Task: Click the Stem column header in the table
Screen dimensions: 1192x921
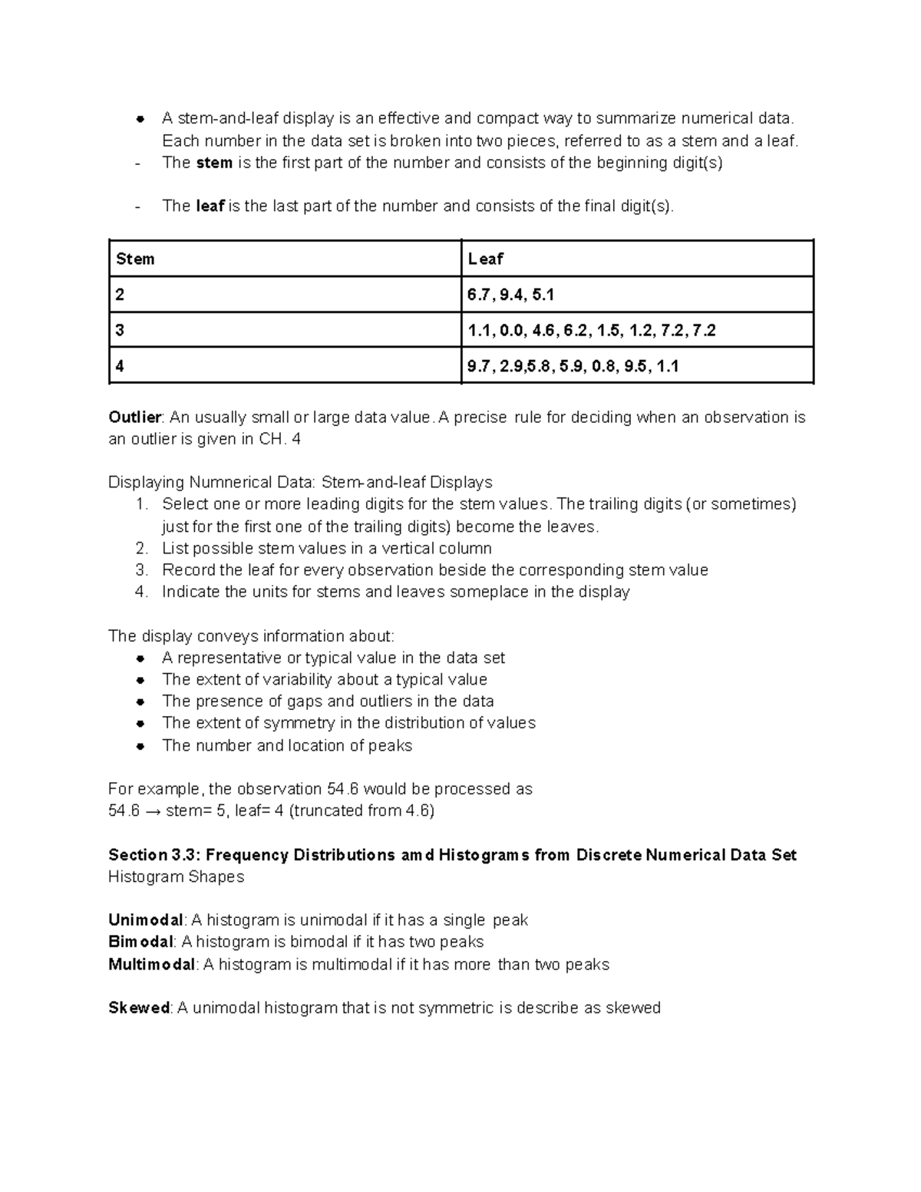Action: (x=135, y=259)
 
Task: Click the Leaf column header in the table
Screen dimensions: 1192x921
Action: (x=485, y=259)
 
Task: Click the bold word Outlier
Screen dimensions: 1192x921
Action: (x=134, y=418)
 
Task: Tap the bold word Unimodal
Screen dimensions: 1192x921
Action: (x=145, y=920)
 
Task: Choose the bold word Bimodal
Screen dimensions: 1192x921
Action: (x=140, y=942)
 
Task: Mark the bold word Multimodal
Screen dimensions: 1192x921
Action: (x=151, y=965)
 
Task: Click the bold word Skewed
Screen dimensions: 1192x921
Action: (x=138, y=1008)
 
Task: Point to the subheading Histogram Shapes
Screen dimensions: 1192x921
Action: (x=176, y=877)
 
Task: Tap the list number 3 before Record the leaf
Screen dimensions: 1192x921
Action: (x=140, y=570)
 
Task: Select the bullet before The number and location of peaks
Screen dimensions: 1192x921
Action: (x=140, y=746)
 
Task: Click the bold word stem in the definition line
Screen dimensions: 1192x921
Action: (x=214, y=163)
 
